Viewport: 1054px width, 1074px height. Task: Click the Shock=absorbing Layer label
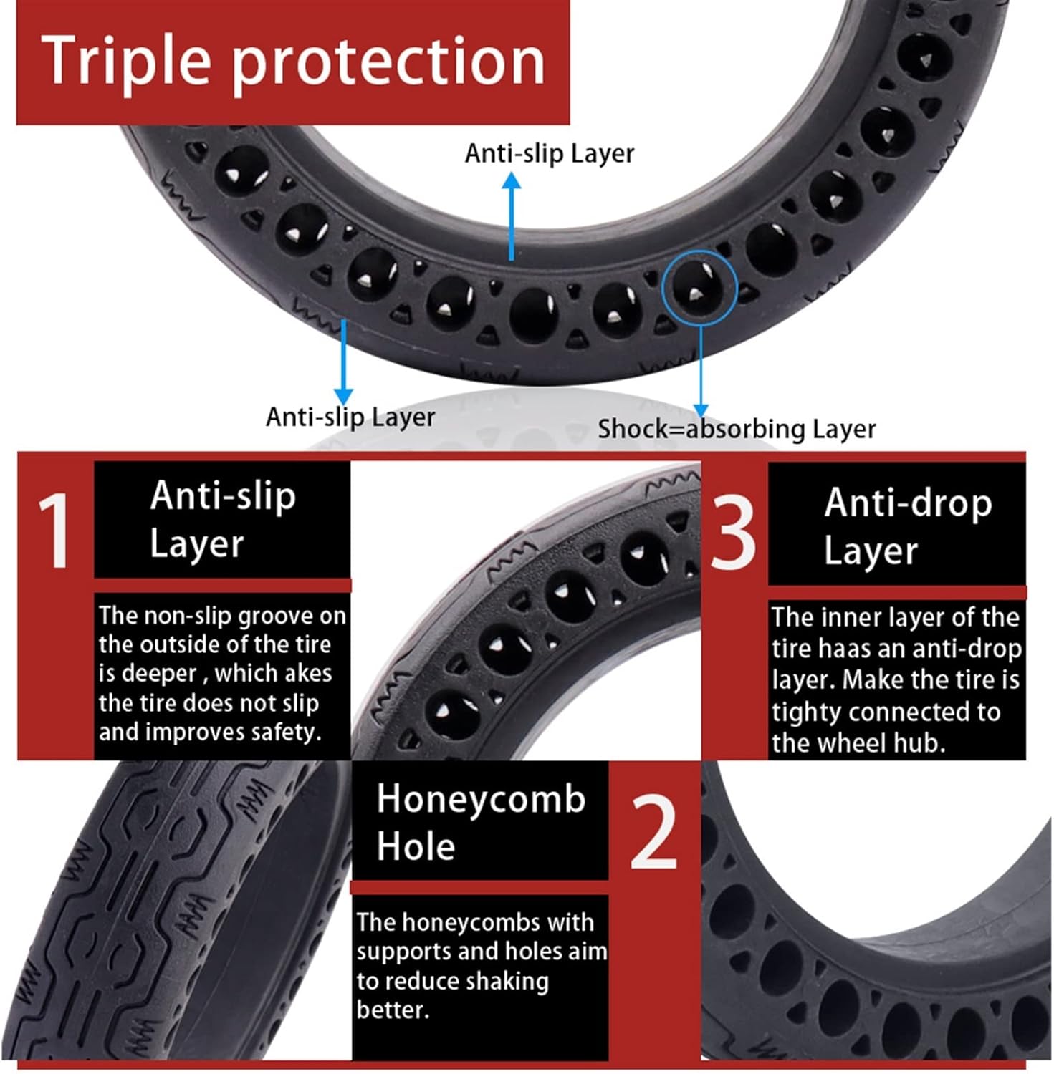[x=737, y=429]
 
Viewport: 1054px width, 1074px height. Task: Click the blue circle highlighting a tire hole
[x=699, y=288]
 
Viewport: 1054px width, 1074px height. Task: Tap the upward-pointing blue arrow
[x=511, y=215]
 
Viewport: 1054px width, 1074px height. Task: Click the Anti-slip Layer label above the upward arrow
[x=550, y=153]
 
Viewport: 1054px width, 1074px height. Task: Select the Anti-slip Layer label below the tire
[x=350, y=417]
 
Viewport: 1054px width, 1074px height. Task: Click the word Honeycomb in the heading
[x=481, y=798]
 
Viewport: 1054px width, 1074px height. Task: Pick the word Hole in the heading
[x=416, y=846]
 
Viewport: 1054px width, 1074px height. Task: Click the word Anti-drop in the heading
[x=908, y=503]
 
